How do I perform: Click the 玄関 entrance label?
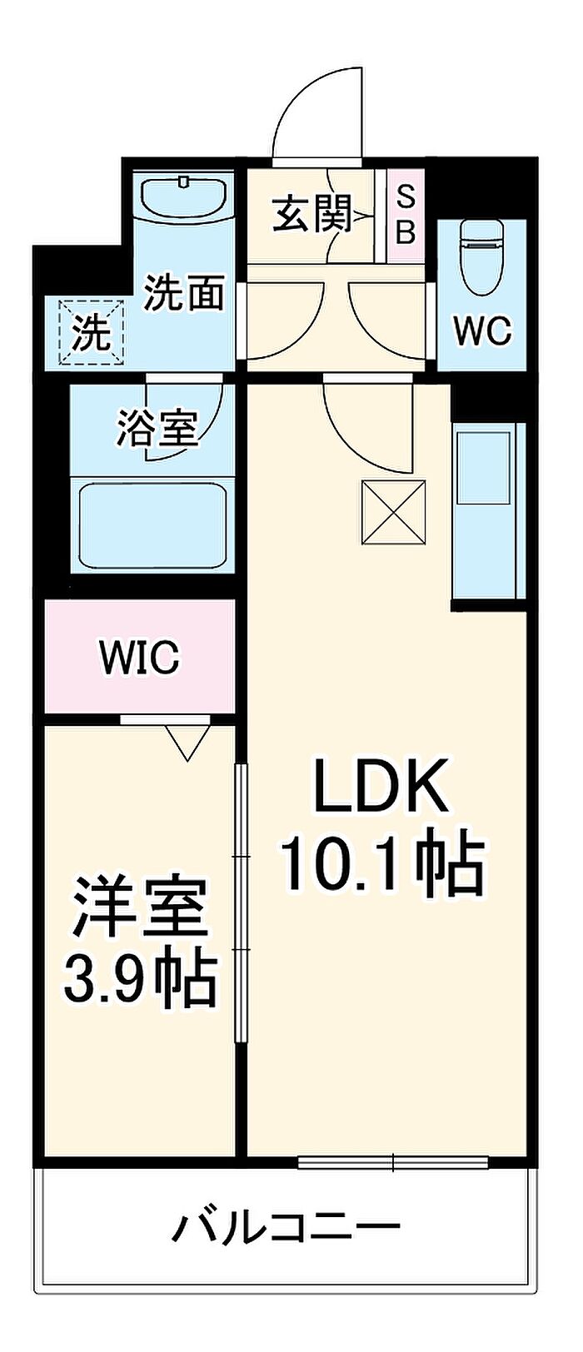pyautogui.click(x=312, y=214)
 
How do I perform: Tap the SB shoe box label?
pyautogui.click(x=406, y=214)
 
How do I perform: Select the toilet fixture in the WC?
pyautogui.click(x=481, y=256)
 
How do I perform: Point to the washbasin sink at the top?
pyautogui.click(x=185, y=197)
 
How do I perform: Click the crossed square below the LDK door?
pyautogui.click(x=394, y=512)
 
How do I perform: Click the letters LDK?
pyautogui.click(x=381, y=789)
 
